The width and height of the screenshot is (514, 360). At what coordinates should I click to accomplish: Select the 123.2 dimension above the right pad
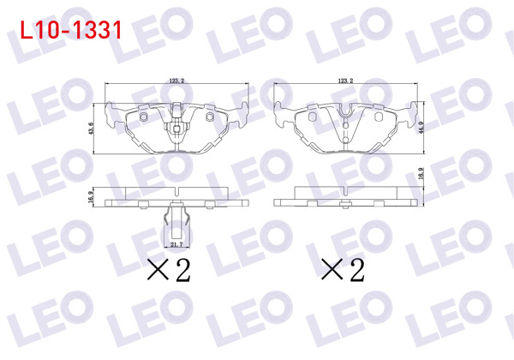pos(346,81)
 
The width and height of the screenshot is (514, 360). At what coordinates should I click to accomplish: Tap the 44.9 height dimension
pos(419,128)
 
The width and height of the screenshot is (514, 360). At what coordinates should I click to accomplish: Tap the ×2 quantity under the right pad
pos(344,272)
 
